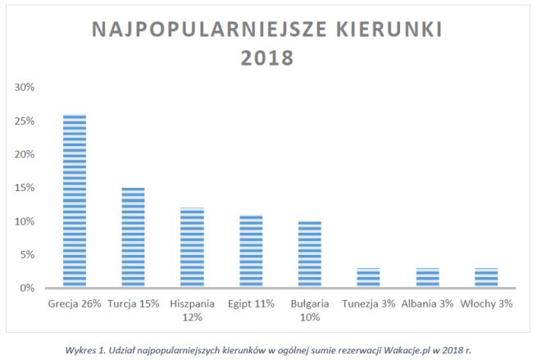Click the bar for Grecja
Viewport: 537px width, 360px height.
75,201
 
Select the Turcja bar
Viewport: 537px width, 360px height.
134,238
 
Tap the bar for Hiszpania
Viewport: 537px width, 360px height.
193,248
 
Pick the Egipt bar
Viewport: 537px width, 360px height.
251,251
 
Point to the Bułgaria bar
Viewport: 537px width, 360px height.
310,254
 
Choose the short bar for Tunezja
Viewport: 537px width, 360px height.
368,278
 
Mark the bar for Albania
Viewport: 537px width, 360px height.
427,278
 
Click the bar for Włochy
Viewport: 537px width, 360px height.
486,278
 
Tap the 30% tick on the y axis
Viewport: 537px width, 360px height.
24,87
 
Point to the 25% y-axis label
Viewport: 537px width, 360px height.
24,121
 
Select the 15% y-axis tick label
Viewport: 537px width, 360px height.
24,188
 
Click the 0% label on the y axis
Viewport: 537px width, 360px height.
26,288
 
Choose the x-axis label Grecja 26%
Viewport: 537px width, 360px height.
75,303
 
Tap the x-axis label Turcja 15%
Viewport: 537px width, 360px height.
134,303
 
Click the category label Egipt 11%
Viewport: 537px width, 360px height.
251,303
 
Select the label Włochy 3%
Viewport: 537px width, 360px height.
486,303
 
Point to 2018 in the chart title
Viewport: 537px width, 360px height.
268,59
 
